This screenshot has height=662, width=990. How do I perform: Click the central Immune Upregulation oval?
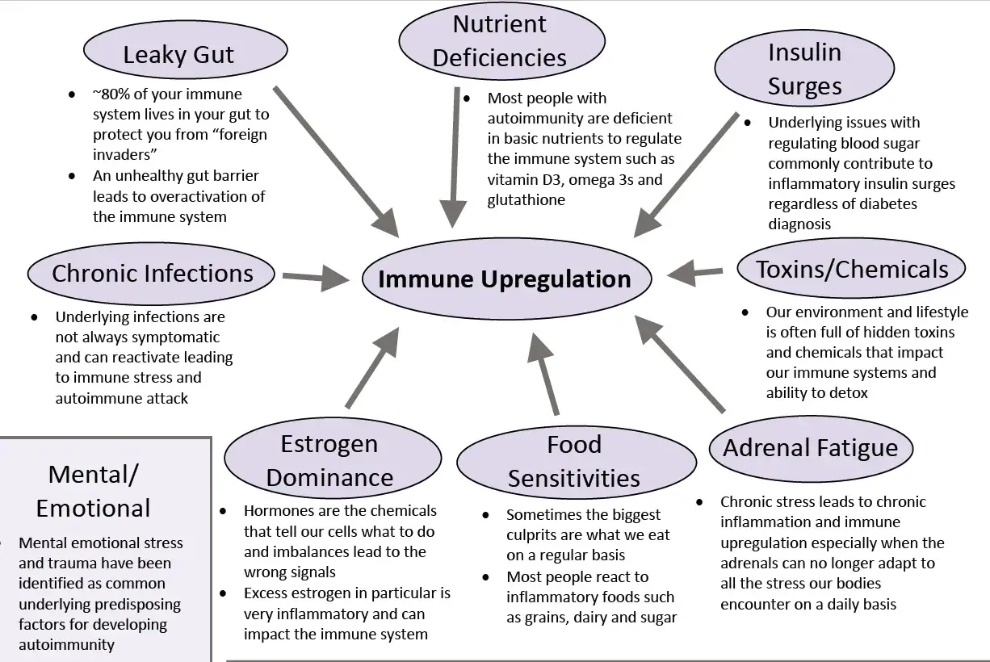(x=505, y=279)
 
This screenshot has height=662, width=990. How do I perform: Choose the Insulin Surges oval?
(x=804, y=69)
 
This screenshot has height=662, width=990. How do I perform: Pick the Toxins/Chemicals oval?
(x=852, y=269)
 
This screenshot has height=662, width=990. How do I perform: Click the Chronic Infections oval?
(x=152, y=273)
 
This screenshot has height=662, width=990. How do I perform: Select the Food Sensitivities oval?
(x=574, y=461)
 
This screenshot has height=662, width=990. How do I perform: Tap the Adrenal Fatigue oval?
(x=810, y=448)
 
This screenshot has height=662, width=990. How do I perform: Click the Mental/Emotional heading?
(x=93, y=491)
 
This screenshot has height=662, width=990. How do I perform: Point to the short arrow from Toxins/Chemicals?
(x=695, y=272)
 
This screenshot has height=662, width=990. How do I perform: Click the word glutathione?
(x=526, y=200)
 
